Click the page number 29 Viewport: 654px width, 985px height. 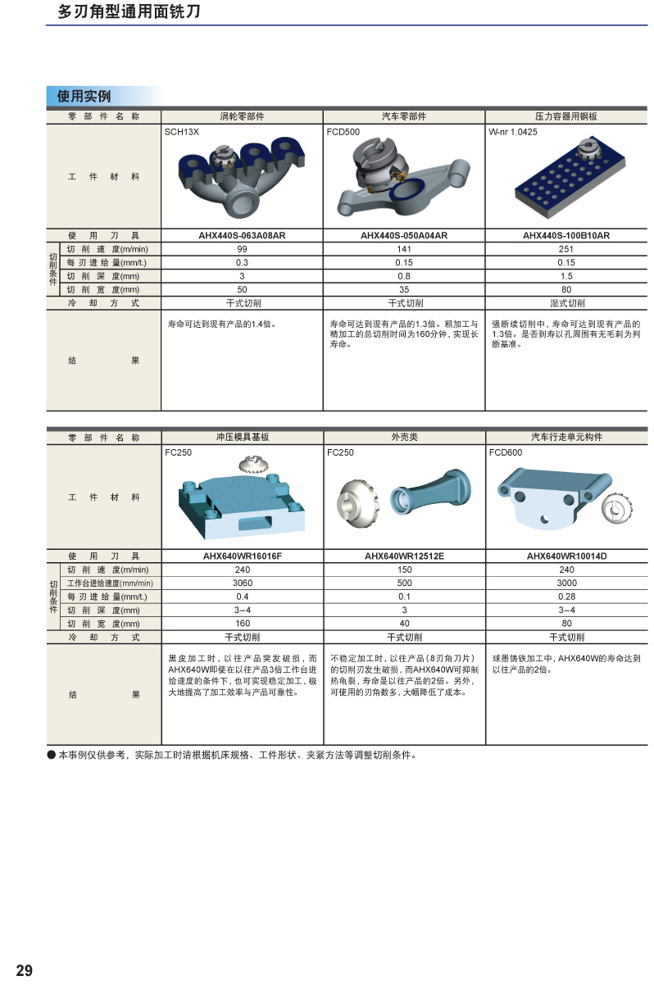[x=25, y=970]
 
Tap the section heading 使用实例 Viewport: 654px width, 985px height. [x=84, y=96]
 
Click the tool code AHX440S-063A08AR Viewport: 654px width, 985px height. [x=242, y=235]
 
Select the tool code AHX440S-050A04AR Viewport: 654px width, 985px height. [x=404, y=235]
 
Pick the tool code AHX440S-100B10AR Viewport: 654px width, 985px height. [x=566, y=235]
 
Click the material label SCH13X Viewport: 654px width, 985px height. [x=182, y=132]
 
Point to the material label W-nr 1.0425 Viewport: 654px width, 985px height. [x=513, y=132]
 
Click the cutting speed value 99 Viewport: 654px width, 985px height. [x=242, y=249]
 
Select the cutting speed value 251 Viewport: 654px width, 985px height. [x=566, y=249]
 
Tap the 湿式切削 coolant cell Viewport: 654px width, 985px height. [x=567, y=303]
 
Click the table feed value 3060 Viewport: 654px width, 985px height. [x=243, y=583]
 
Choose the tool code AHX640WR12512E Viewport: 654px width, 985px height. [x=404, y=556]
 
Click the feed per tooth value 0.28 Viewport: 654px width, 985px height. [x=566, y=597]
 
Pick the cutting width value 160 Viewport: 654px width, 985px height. [x=243, y=623]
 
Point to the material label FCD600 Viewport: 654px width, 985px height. [x=506, y=452]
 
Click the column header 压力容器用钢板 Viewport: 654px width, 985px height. [x=566, y=116]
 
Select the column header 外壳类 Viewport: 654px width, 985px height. [x=404, y=437]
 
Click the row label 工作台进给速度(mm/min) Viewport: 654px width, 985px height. [x=110, y=583]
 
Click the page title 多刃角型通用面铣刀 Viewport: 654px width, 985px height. [x=129, y=11]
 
